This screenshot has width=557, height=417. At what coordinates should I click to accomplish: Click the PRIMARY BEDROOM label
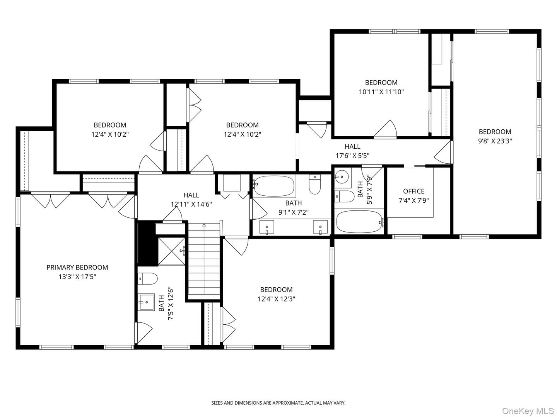(x=77, y=267)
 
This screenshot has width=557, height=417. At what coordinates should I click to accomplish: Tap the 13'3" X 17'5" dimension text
(x=77, y=277)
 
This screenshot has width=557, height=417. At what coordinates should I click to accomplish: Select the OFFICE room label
(x=413, y=191)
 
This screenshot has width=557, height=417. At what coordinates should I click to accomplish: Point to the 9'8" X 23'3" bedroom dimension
(x=495, y=141)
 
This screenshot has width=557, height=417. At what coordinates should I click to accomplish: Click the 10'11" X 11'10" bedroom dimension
(x=381, y=92)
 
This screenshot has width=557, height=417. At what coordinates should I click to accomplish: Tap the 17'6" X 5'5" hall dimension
(x=352, y=156)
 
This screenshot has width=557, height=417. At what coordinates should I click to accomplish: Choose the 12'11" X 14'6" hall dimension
(x=191, y=204)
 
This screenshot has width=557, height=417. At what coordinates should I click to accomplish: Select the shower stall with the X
(x=171, y=251)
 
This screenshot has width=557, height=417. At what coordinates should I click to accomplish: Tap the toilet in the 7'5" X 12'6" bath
(x=147, y=279)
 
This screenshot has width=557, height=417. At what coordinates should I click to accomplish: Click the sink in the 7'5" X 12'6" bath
(x=146, y=302)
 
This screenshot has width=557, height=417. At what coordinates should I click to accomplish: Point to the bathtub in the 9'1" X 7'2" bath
(x=274, y=186)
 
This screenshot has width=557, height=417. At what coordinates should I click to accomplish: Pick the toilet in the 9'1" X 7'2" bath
(x=314, y=185)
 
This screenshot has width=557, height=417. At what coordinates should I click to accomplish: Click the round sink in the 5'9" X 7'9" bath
(x=343, y=177)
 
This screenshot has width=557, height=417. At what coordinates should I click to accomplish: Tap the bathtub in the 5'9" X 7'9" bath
(x=360, y=222)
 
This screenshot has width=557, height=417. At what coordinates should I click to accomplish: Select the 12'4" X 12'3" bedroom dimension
(x=276, y=299)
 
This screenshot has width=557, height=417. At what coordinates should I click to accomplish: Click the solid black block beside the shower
(x=147, y=244)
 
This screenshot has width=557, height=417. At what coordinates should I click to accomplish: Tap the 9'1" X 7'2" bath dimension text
(x=294, y=212)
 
